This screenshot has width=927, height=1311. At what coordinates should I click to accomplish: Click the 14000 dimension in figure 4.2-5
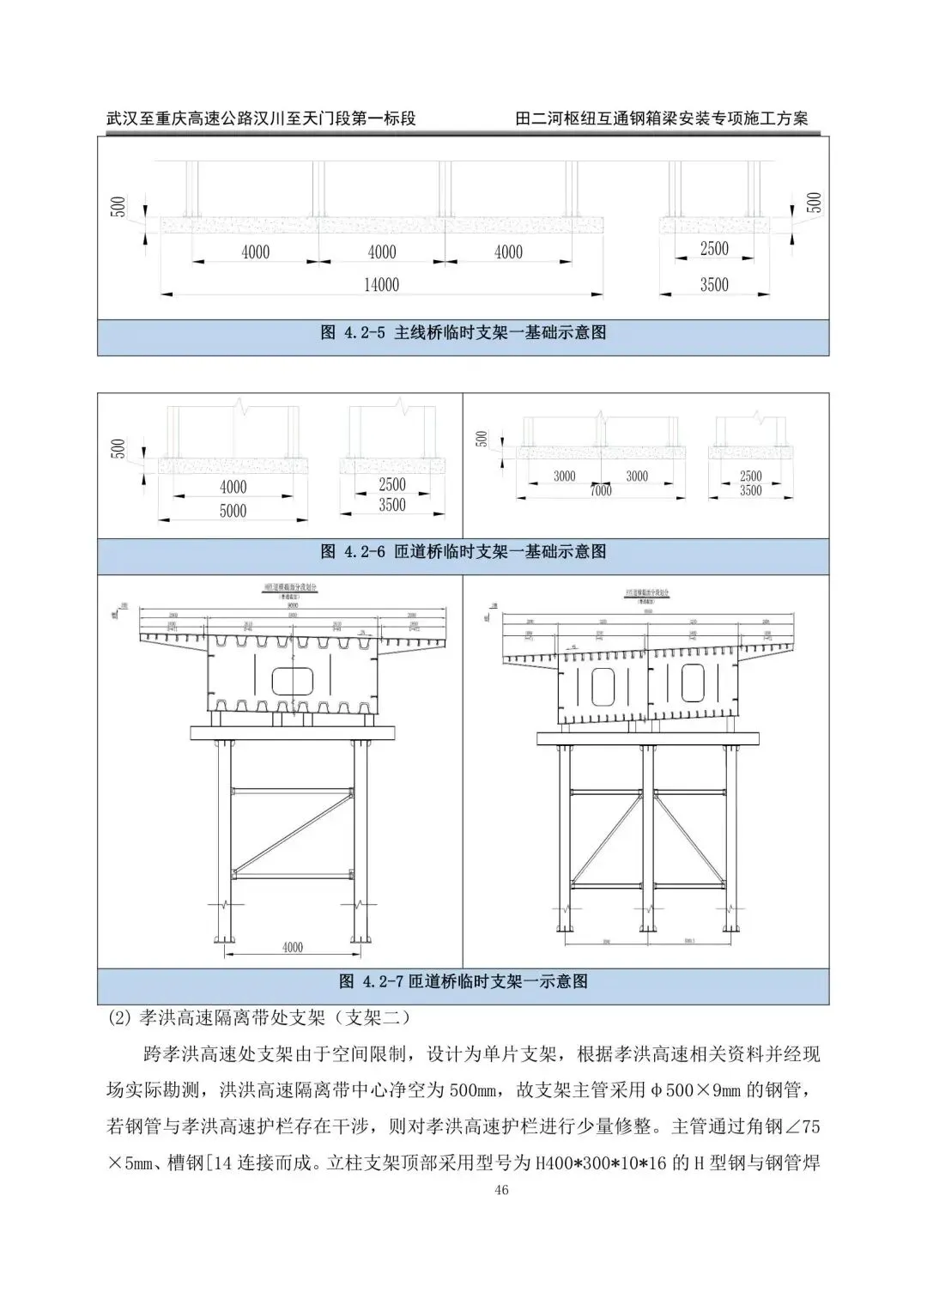(381, 285)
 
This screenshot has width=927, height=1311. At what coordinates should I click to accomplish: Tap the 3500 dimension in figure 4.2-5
(713, 285)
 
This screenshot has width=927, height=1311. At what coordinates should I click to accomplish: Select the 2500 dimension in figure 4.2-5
(713, 249)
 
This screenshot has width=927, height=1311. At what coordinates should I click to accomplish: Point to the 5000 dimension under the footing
(233, 511)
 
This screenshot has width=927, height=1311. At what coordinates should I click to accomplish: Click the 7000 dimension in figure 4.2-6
(601, 490)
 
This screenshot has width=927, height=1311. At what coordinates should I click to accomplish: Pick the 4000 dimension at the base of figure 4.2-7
(292, 947)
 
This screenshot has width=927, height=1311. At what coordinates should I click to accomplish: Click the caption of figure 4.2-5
(463, 332)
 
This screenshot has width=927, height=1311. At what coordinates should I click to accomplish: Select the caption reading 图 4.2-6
(463, 551)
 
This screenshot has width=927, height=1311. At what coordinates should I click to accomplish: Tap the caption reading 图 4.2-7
(463, 980)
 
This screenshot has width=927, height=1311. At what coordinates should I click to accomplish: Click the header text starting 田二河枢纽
(662, 118)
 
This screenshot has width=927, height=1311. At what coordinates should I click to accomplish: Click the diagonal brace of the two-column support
(292, 828)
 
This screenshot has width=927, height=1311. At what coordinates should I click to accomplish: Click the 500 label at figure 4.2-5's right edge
(815, 202)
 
